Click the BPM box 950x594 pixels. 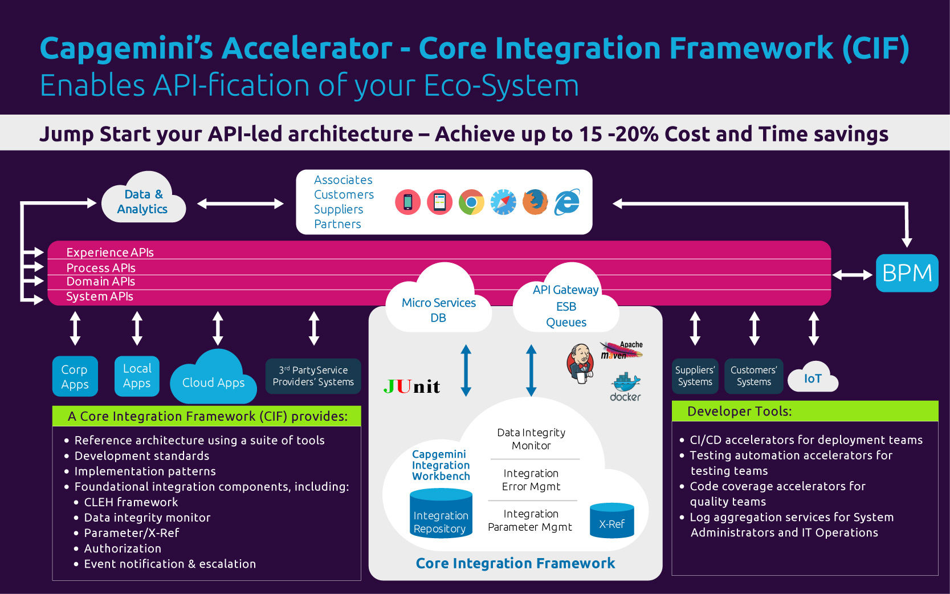pos(907,273)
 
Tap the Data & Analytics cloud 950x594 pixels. pos(143,202)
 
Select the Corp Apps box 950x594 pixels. pos(75,377)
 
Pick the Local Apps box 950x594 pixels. pos(137,376)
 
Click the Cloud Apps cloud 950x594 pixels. pos(213,381)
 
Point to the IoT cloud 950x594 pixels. pos(813,379)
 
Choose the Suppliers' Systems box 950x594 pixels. pos(695,376)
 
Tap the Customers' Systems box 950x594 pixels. pos(753,376)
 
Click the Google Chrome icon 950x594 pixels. pos(471,202)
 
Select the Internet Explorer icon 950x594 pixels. pos(568,202)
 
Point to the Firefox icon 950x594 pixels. pos(535,202)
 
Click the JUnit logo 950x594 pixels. pos(411,387)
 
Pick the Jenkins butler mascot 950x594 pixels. pos(581,363)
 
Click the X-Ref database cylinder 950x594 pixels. pos(611,520)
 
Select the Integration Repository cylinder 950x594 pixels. pos(441,515)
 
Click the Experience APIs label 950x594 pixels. pos(110,252)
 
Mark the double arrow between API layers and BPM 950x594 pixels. pos(853,275)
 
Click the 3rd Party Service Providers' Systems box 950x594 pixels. pos(313,376)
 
